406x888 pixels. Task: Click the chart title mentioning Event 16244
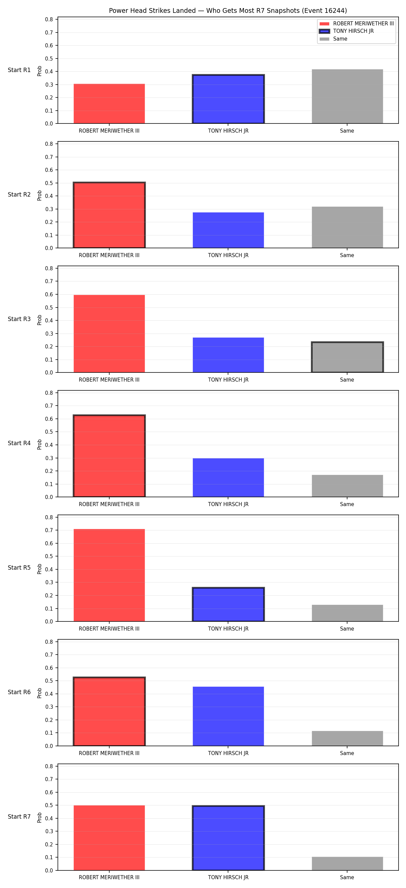(228, 11)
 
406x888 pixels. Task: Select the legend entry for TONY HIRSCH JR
(347, 31)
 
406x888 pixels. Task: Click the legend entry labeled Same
(333, 39)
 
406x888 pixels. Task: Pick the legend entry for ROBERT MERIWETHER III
(357, 23)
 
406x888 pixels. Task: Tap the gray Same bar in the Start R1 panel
(347, 96)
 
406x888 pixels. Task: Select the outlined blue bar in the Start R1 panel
(228, 99)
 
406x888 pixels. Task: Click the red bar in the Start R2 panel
(109, 215)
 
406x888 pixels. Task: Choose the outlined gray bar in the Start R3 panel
(347, 357)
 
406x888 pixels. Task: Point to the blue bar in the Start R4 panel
(228, 477)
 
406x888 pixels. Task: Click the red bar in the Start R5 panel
(109, 575)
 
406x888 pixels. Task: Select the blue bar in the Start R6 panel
(228, 716)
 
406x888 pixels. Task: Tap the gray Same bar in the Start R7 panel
(347, 864)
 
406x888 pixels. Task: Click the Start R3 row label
(19, 319)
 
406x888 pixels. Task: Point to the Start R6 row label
(19, 692)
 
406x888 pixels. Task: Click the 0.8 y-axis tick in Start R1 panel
(49, 19)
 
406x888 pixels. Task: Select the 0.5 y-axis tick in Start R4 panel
(49, 432)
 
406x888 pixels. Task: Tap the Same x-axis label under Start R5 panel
(347, 629)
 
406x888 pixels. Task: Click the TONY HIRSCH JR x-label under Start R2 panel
(228, 255)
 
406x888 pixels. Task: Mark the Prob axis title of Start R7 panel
(40, 817)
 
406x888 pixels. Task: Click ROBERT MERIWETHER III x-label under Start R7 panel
(109, 877)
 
